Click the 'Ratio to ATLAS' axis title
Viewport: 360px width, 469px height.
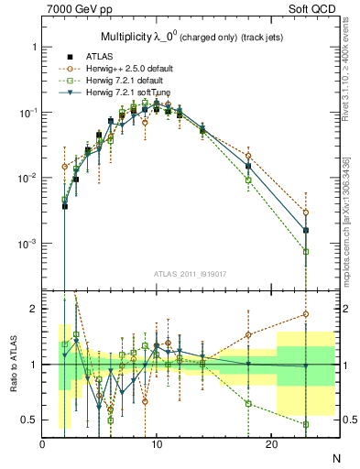click(12, 364)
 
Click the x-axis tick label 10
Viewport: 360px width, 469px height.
click(157, 443)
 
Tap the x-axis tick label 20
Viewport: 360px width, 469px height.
click(271, 443)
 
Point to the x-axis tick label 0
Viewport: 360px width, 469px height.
click(43, 443)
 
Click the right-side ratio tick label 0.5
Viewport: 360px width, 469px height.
click(345, 420)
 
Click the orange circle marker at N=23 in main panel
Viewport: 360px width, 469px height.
click(306, 213)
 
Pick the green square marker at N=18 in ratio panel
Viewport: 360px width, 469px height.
click(248, 403)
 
